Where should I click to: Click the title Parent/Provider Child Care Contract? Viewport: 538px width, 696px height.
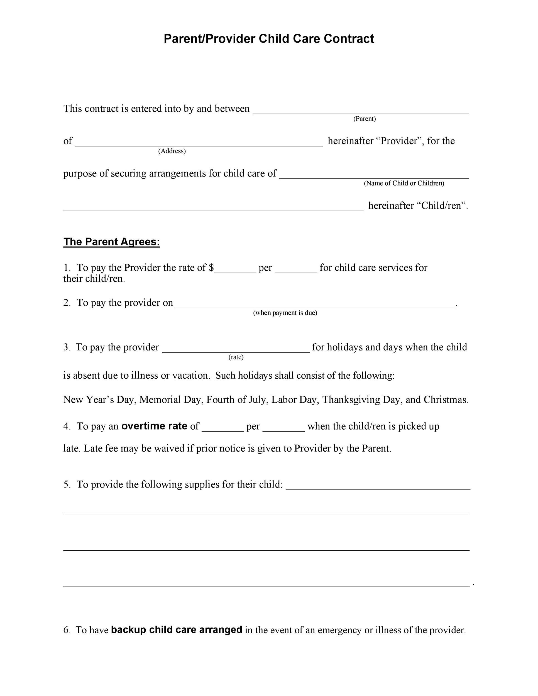(x=269, y=39)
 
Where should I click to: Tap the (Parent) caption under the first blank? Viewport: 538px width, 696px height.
(x=364, y=119)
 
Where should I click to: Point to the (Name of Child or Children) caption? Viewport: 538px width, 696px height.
(x=404, y=183)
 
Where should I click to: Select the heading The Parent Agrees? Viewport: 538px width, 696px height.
(x=112, y=242)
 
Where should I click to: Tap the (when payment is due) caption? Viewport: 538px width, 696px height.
(x=285, y=313)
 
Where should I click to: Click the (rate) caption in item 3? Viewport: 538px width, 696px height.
(x=236, y=357)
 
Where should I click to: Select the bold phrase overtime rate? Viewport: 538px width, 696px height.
(x=154, y=426)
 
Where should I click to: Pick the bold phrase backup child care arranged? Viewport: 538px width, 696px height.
(x=177, y=630)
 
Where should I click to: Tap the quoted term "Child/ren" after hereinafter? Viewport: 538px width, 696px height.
(x=441, y=205)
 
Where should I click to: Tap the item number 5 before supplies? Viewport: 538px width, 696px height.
(x=66, y=484)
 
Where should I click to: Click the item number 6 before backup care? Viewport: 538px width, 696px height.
(x=66, y=630)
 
